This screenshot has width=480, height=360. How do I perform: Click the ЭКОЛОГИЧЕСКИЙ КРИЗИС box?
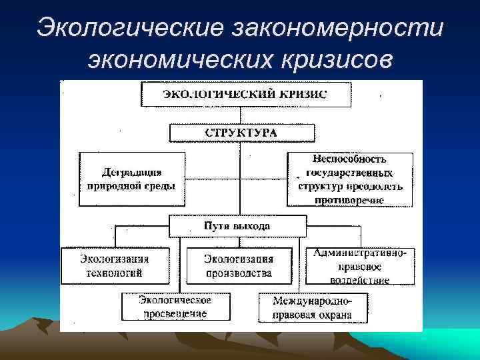[x=246, y=94]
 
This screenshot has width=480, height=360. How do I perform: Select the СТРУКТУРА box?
[x=241, y=133]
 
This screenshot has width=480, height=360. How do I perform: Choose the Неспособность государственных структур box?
[x=350, y=179]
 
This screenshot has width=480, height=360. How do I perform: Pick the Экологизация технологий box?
[x=114, y=265]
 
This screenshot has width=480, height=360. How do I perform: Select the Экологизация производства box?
[x=239, y=265]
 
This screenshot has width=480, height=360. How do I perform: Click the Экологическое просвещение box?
[x=175, y=307]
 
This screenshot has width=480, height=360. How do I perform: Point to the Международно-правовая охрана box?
[x=313, y=307]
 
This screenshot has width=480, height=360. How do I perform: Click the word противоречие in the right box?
[x=351, y=199]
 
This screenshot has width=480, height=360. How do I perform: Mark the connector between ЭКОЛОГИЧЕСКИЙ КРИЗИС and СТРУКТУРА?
[x=241, y=115]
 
